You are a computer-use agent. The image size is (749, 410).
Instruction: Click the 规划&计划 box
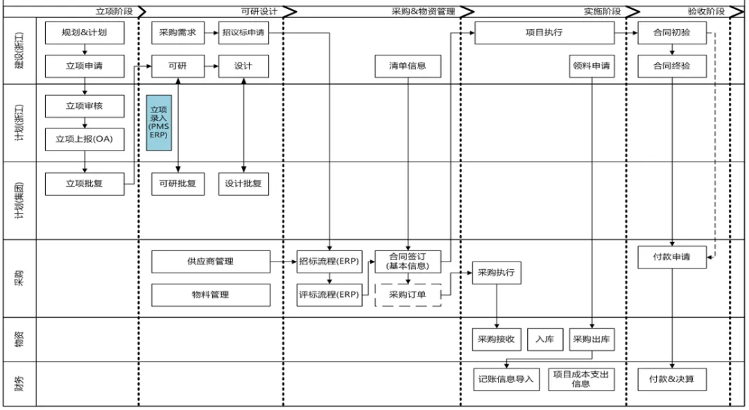(x=85, y=33)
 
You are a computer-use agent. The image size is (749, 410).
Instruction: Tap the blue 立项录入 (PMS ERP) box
(x=159, y=123)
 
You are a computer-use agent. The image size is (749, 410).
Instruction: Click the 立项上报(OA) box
(x=85, y=139)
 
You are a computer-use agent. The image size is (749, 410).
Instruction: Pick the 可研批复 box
(x=178, y=184)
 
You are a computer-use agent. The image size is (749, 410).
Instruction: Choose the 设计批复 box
(x=243, y=184)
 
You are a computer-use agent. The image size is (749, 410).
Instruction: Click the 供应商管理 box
(x=210, y=262)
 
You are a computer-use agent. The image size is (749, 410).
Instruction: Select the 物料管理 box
(x=210, y=295)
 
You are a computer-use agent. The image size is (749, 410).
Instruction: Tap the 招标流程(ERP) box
(x=328, y=262)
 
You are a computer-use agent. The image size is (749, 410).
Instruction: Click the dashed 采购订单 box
(x=408, y=295)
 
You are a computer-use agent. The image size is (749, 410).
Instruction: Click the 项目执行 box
(x=544, y=33)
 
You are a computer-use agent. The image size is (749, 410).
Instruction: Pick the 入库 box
(x=544, y=339)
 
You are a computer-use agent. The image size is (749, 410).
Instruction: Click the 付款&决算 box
(x=671, y=379)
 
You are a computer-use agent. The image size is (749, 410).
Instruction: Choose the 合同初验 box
(x=671, y=33)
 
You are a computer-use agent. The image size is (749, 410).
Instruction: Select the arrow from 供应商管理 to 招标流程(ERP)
(x=283, y=262)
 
